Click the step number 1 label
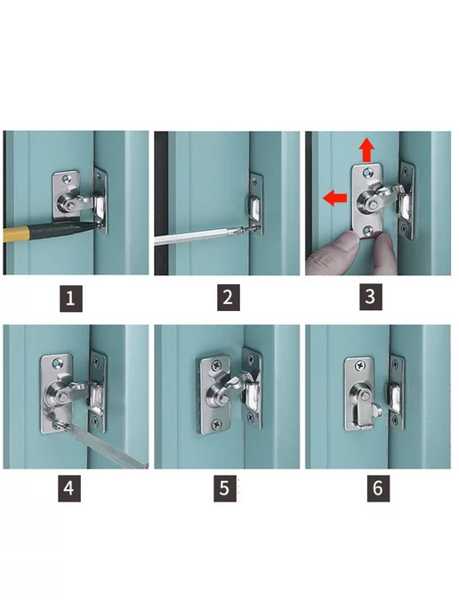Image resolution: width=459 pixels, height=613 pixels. tap(70, 298)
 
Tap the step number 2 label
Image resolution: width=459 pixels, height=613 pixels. tap(229, 298)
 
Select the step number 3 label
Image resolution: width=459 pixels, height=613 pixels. tap(370, 297)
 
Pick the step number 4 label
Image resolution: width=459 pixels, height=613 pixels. tap(69, 488)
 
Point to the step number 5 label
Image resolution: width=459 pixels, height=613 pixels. tap(225, 488)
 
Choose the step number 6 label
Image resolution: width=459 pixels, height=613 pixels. tap(378, 488)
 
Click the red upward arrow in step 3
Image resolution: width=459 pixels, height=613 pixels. tap(366, 150)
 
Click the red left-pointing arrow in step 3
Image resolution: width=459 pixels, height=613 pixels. tap(334, 198)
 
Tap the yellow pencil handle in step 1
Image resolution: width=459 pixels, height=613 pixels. tap(15, 233)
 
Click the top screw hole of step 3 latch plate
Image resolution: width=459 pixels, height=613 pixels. tap(366, 172)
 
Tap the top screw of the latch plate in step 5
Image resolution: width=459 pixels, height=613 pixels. tap(216, 366)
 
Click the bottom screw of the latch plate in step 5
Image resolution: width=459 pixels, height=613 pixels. tap(216, 424)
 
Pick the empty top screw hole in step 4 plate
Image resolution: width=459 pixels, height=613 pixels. tap(58, 364)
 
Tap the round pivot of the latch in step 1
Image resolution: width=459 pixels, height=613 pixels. tap(66, 203)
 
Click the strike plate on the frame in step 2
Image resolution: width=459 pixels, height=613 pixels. tap(255, 204)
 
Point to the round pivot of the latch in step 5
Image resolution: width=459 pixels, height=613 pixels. tap(221, 397)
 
